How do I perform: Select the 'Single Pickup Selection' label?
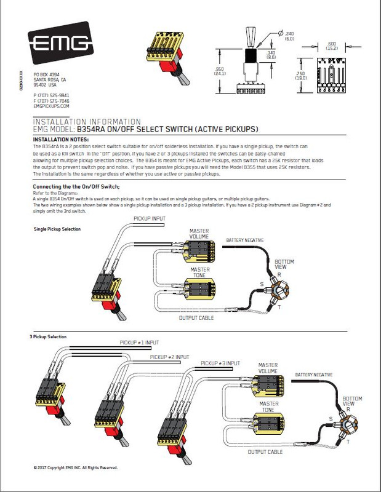[x=58, y=229]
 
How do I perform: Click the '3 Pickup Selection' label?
[x=48, y=337]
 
